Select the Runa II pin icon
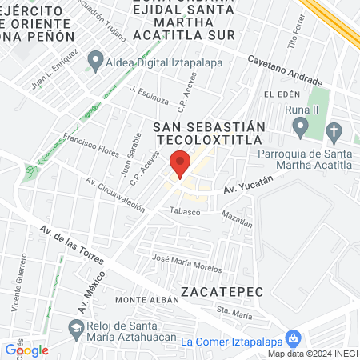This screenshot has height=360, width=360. (x=301, y=126)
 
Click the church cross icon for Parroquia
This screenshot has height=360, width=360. (x=334, y=130)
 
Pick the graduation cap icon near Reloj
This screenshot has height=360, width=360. (x=76, y=327)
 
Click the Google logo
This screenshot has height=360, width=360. (x=26, y=350)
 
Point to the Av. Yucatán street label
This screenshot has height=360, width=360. (x=244, y=188)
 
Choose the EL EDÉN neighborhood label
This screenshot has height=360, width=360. (x=281, y=94)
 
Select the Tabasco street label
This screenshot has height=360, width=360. (x=185, y=210)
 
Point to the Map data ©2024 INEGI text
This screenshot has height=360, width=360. (x=312, y=354)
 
